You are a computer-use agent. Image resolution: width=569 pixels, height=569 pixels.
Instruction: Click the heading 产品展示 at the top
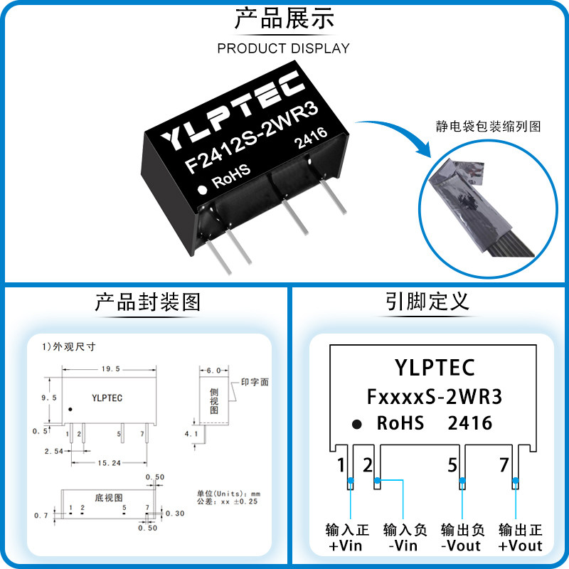coord(284,18)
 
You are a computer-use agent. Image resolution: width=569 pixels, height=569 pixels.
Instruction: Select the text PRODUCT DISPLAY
coord(284,48)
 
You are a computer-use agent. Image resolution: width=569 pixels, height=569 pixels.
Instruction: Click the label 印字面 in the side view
coord(254,382)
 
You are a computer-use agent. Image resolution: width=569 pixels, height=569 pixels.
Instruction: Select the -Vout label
coord(461,546)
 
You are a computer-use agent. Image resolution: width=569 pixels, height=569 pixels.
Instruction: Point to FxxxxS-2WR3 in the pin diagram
coord(434,396)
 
